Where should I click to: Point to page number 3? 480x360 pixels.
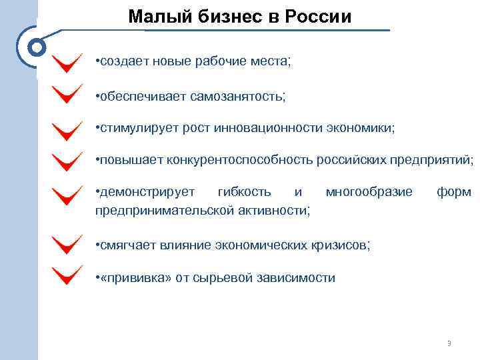pyautogui.click(x=449, y=343)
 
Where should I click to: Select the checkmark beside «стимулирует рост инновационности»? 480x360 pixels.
pyautogui.click(x=67, y=129)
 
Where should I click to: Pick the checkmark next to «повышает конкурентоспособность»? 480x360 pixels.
pyautogui.click(x=67, y=161)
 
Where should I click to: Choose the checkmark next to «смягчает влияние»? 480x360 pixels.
pyautogui.click(x=67, y=245)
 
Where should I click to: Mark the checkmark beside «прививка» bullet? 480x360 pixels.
pyautogui.click(x=67, y=276)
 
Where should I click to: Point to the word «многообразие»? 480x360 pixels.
pyautogui.click(x=369, y=192)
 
